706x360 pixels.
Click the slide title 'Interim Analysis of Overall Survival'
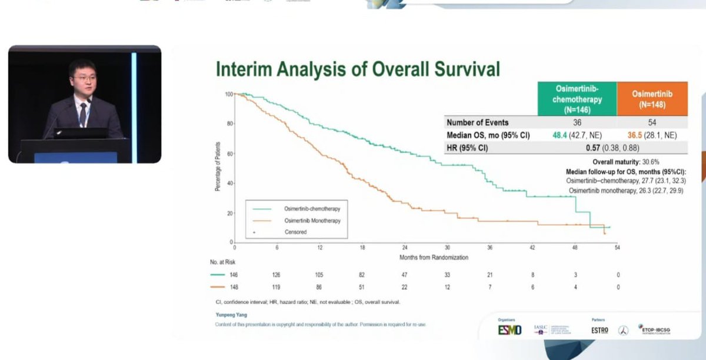[x=358, y=69]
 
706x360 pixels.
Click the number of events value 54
[x=652, y=123]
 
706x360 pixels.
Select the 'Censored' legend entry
[x=295, y=232]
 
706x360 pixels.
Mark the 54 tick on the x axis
[x=617, y=248]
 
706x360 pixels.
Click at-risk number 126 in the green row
[x=277, y=275]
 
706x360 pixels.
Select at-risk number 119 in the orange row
[x=277, y=287]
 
